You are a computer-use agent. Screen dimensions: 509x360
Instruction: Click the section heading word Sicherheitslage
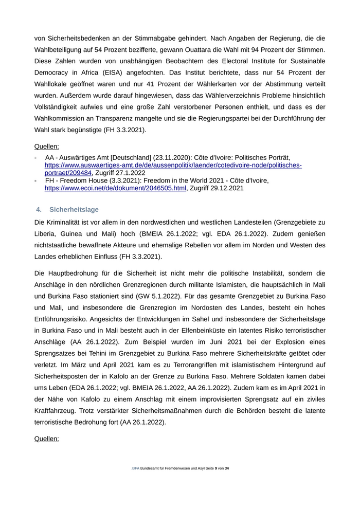pos(74,210)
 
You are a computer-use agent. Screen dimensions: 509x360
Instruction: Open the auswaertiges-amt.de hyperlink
pos(173,166)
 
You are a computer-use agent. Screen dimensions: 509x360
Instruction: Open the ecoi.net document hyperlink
pos(115,189)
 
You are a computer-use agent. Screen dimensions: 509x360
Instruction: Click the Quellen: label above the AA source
pos(47,146)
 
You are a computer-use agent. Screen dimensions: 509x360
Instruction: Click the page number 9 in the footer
pos(216,469)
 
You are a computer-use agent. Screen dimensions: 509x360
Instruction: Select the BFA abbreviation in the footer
pos(136,469)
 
